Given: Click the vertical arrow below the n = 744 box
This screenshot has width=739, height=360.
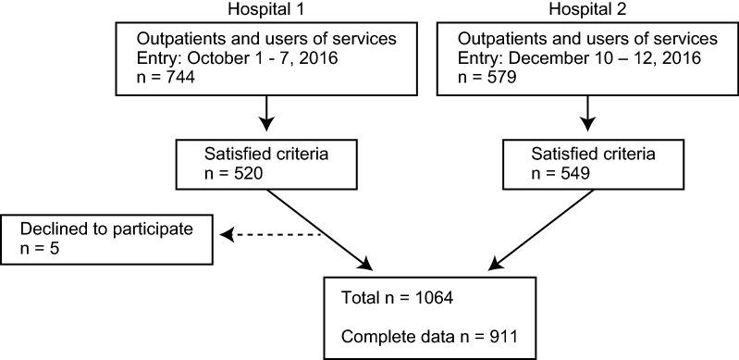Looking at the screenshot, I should point(266,113).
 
